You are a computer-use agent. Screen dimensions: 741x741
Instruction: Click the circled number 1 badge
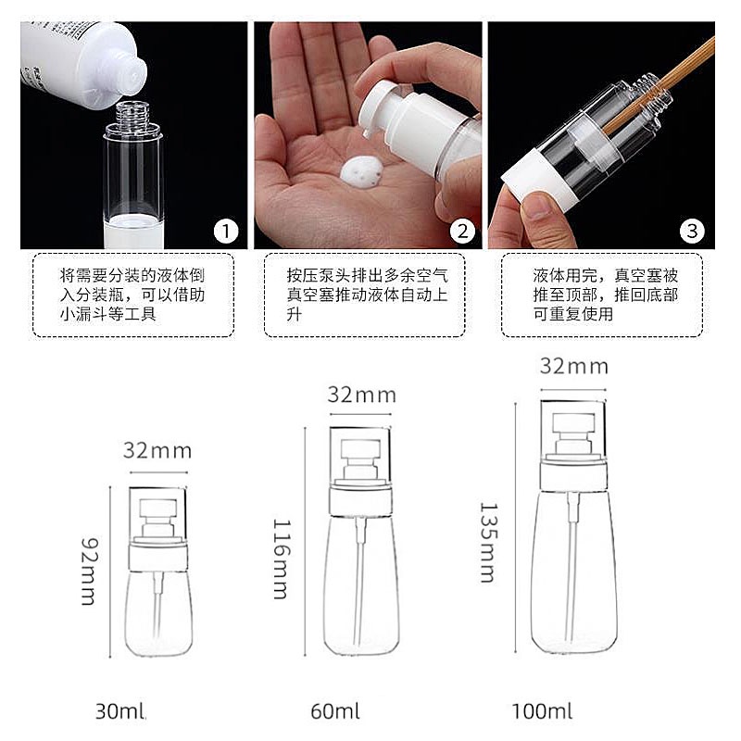pos(226,231)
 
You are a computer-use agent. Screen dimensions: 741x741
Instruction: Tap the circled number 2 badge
pos(461,231)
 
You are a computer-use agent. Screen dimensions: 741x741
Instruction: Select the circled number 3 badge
pos(692,231)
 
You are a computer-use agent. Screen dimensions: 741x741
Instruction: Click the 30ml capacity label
pos(120,711)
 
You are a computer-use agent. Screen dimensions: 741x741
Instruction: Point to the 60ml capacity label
pos(335,711)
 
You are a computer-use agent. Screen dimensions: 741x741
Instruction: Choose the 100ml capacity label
pos(542,711)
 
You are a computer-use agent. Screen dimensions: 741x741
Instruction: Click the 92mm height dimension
pos(89,571)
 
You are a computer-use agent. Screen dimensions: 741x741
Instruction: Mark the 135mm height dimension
pos(489,543)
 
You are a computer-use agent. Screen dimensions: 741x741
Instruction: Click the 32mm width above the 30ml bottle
pos(157,451)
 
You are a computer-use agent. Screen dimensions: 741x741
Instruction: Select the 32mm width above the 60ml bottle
pos(361,396)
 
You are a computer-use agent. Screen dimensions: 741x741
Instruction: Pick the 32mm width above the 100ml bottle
pos(573,367)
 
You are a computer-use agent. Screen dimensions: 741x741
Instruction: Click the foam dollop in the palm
pos(362,171)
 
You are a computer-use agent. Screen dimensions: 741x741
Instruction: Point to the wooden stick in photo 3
pos(659,85)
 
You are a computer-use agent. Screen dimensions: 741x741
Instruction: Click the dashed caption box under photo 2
pos(365,295)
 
